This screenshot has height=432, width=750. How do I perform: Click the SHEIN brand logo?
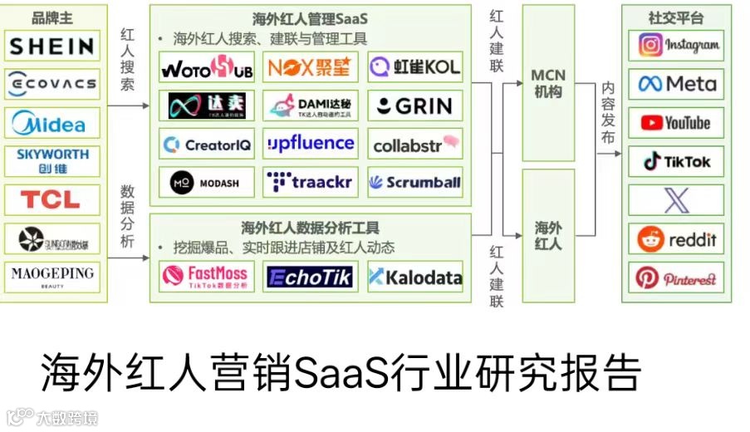(52, 46)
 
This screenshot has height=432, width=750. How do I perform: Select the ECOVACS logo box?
(52, 84)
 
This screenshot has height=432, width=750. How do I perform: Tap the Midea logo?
(52, 123)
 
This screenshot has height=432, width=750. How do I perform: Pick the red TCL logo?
(52, 199)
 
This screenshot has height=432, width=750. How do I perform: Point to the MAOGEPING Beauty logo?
(52, 276)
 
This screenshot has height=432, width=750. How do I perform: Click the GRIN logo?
(414, 106)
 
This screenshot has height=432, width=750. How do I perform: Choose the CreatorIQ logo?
(207, 145)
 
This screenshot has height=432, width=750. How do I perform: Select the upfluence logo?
(311, 144)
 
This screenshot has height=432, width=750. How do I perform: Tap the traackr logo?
(311, 182)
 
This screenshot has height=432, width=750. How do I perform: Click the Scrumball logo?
(414, 182)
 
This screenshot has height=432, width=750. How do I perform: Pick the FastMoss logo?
(207, 276)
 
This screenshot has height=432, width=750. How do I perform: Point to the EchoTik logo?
(311, 276)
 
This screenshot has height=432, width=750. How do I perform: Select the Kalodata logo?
(414, 277)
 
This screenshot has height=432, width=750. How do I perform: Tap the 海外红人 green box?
(547, 235)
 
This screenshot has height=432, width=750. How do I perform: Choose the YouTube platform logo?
(675, 123)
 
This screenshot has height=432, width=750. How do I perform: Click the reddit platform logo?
(675, 240)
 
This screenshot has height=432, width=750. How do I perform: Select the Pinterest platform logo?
(675, 278)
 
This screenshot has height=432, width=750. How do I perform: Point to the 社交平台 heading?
(675, 17)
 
